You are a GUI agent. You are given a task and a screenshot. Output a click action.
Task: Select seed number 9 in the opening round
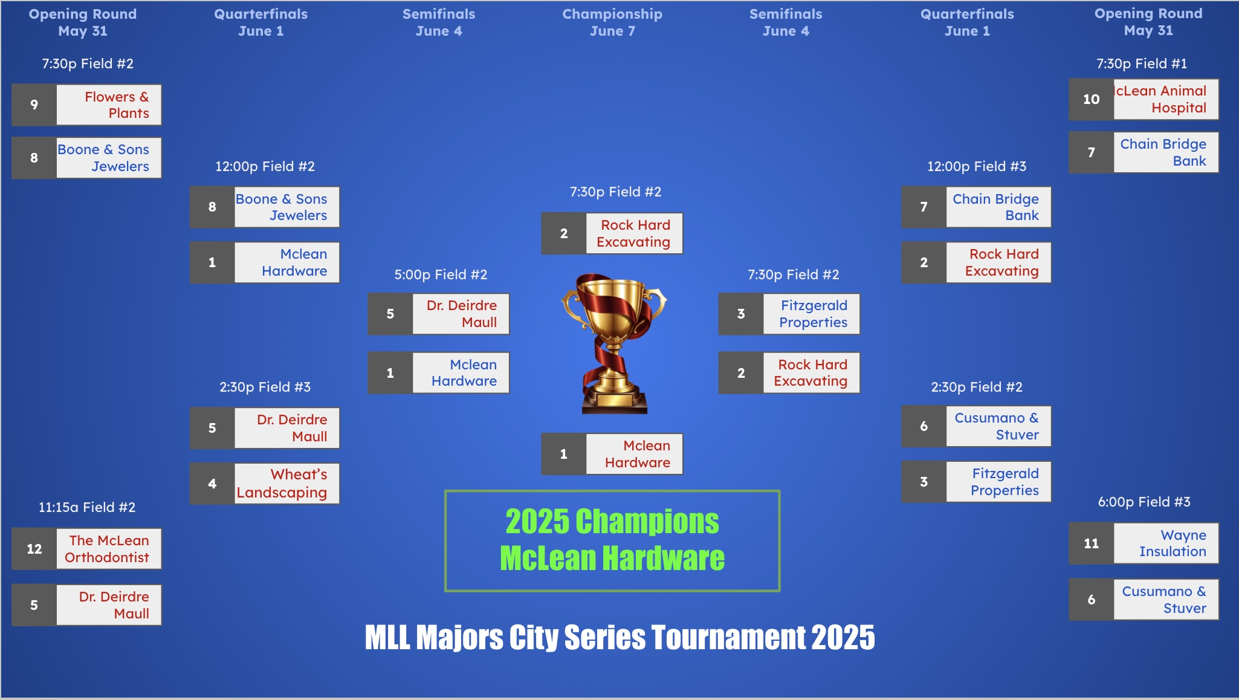(34, 105)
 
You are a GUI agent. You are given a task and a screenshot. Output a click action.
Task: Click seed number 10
(1092, 99)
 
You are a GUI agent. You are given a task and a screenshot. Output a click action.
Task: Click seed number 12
(34, 549)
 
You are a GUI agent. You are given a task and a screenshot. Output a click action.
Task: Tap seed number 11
(1092, 543)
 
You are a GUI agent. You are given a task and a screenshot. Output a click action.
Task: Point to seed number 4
(212, 484)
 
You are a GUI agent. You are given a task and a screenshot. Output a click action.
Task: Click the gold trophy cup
(614, 343)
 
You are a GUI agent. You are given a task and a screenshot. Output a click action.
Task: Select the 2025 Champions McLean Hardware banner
(612, 541)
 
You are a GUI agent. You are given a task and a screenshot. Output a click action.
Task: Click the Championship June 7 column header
(612, 22)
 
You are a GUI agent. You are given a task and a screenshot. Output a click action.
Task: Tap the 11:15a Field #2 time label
(87, 507)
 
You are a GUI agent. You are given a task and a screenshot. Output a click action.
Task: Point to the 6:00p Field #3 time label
(1144, 502)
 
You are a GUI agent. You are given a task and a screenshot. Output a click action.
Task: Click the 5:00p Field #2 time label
(441, 274)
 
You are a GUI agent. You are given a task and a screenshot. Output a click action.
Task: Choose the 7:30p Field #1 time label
(1142, 63)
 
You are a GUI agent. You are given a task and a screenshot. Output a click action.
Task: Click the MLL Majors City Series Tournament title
(619, 637)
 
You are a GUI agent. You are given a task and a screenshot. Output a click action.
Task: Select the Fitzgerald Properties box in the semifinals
(789, 314)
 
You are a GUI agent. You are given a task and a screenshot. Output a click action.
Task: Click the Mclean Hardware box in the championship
(612, 454)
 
